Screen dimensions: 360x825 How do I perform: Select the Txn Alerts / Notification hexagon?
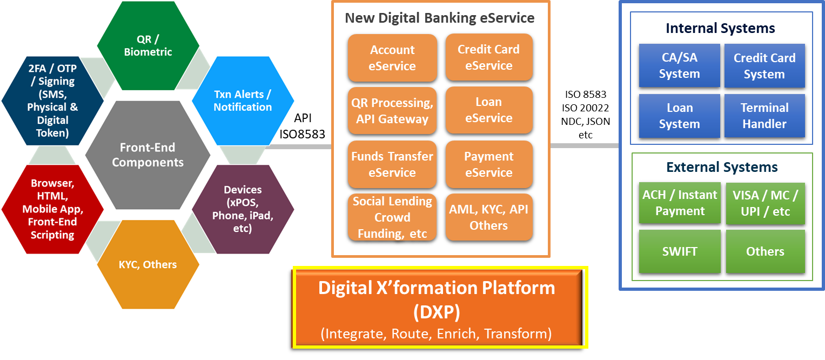243,101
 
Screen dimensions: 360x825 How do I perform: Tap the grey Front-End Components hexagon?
147,155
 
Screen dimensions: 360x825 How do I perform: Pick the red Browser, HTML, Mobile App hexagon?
52,209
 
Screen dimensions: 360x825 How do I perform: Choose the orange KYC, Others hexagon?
147,264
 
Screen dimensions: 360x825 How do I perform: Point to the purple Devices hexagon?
243,209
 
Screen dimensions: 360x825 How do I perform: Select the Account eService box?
392,58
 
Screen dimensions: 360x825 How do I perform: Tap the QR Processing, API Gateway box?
392,111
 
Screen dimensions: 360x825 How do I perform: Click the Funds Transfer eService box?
392,164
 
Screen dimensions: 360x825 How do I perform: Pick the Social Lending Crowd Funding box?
392,217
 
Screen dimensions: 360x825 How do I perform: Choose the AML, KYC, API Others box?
489,217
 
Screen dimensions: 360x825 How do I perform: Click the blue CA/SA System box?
679,65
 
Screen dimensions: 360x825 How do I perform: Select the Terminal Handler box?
764,116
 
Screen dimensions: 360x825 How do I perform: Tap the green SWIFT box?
679,251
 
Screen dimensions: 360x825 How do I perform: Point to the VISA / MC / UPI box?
764,203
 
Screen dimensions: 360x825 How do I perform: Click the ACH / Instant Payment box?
679,203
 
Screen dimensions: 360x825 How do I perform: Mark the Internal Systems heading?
720,28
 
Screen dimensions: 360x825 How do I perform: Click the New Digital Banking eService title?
440,18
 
